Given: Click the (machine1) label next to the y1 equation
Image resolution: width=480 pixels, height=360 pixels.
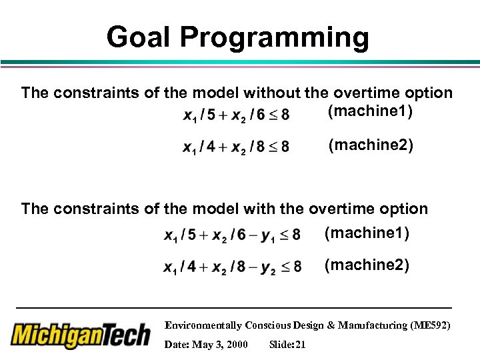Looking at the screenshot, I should pyautogui.click(x=367, y=233).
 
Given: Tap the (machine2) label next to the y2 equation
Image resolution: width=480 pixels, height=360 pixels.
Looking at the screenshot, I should pyautogui.click(x=367, y=265).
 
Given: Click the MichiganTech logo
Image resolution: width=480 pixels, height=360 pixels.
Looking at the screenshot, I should pyautogui.click(x=81, y=333).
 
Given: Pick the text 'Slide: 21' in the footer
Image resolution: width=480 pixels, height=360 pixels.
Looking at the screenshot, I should pyautogui.click(x=287, y=345).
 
